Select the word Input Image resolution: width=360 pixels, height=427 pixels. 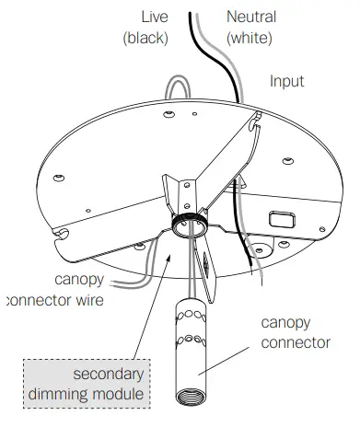coord(286,81)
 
